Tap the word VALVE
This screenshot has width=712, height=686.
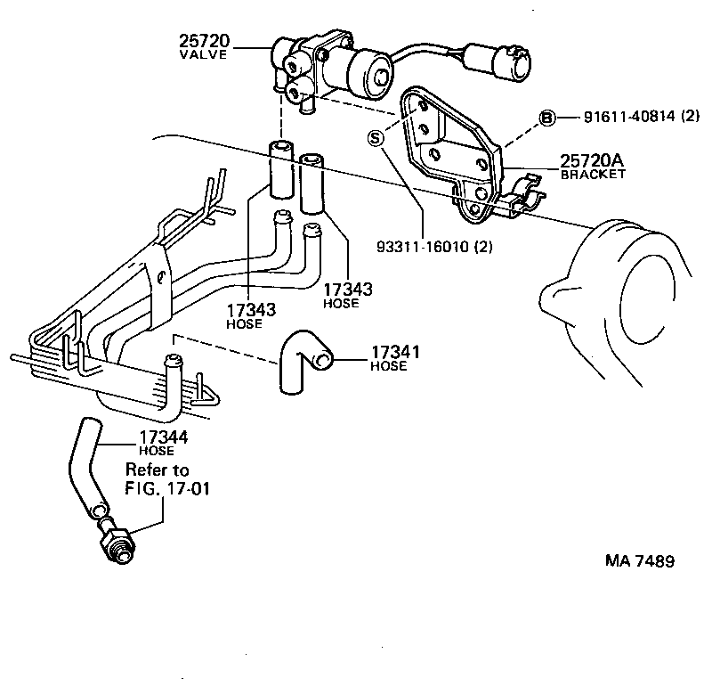205,54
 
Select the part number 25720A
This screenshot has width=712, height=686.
592,160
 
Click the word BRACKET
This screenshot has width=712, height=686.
593,175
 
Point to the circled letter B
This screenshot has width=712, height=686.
548,118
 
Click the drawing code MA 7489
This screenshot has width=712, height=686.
639,561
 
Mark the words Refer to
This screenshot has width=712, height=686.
157,470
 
